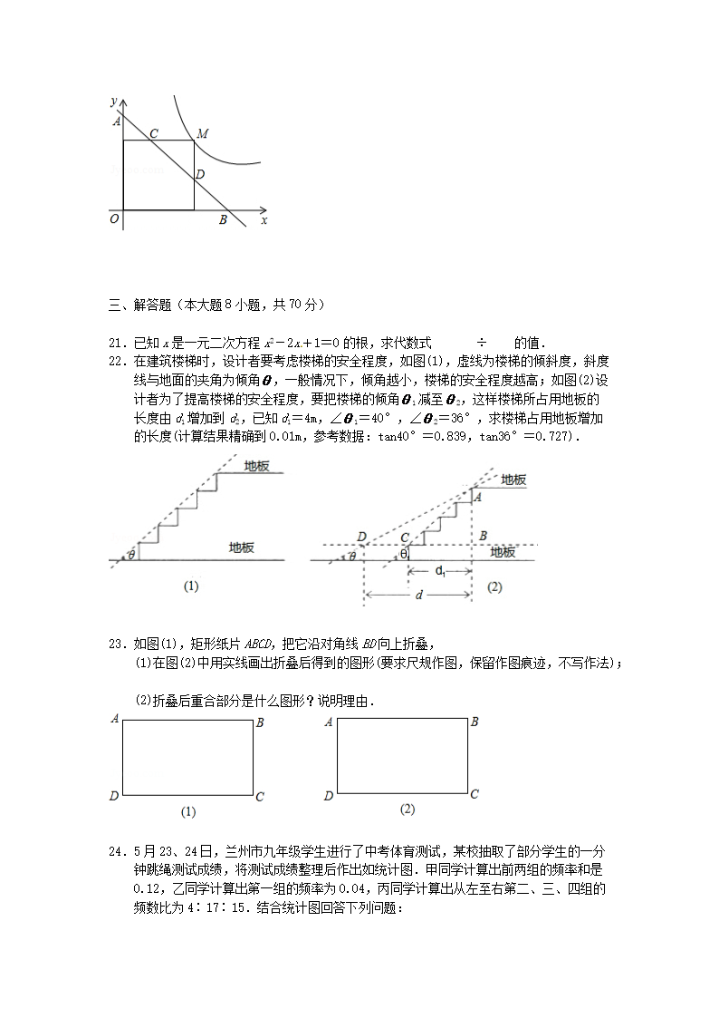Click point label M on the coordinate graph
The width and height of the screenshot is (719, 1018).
tap(204, 133)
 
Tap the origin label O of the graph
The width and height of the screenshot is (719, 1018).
tap(114, 219)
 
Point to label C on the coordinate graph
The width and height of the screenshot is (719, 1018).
tap(154, 133)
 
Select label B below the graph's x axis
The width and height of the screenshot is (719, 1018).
tap(223, 219)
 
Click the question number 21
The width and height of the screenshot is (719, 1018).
tap(115, 343)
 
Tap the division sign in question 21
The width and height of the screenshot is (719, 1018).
tap(482, 343)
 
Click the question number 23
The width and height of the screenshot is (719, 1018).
tap(115, 645)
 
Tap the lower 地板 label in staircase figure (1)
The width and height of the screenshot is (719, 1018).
tap(242, 548)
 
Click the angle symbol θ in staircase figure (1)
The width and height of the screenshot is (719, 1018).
tap(132, 555)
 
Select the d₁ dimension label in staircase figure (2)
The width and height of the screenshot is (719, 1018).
tap(439, 571)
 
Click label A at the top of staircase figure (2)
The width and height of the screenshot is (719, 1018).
tap(478, 496)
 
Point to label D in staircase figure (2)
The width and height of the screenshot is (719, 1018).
tap(362, 538)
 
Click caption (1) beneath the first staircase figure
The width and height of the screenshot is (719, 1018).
tap(190, 587)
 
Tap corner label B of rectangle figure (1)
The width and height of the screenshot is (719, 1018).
tap(260, 722)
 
